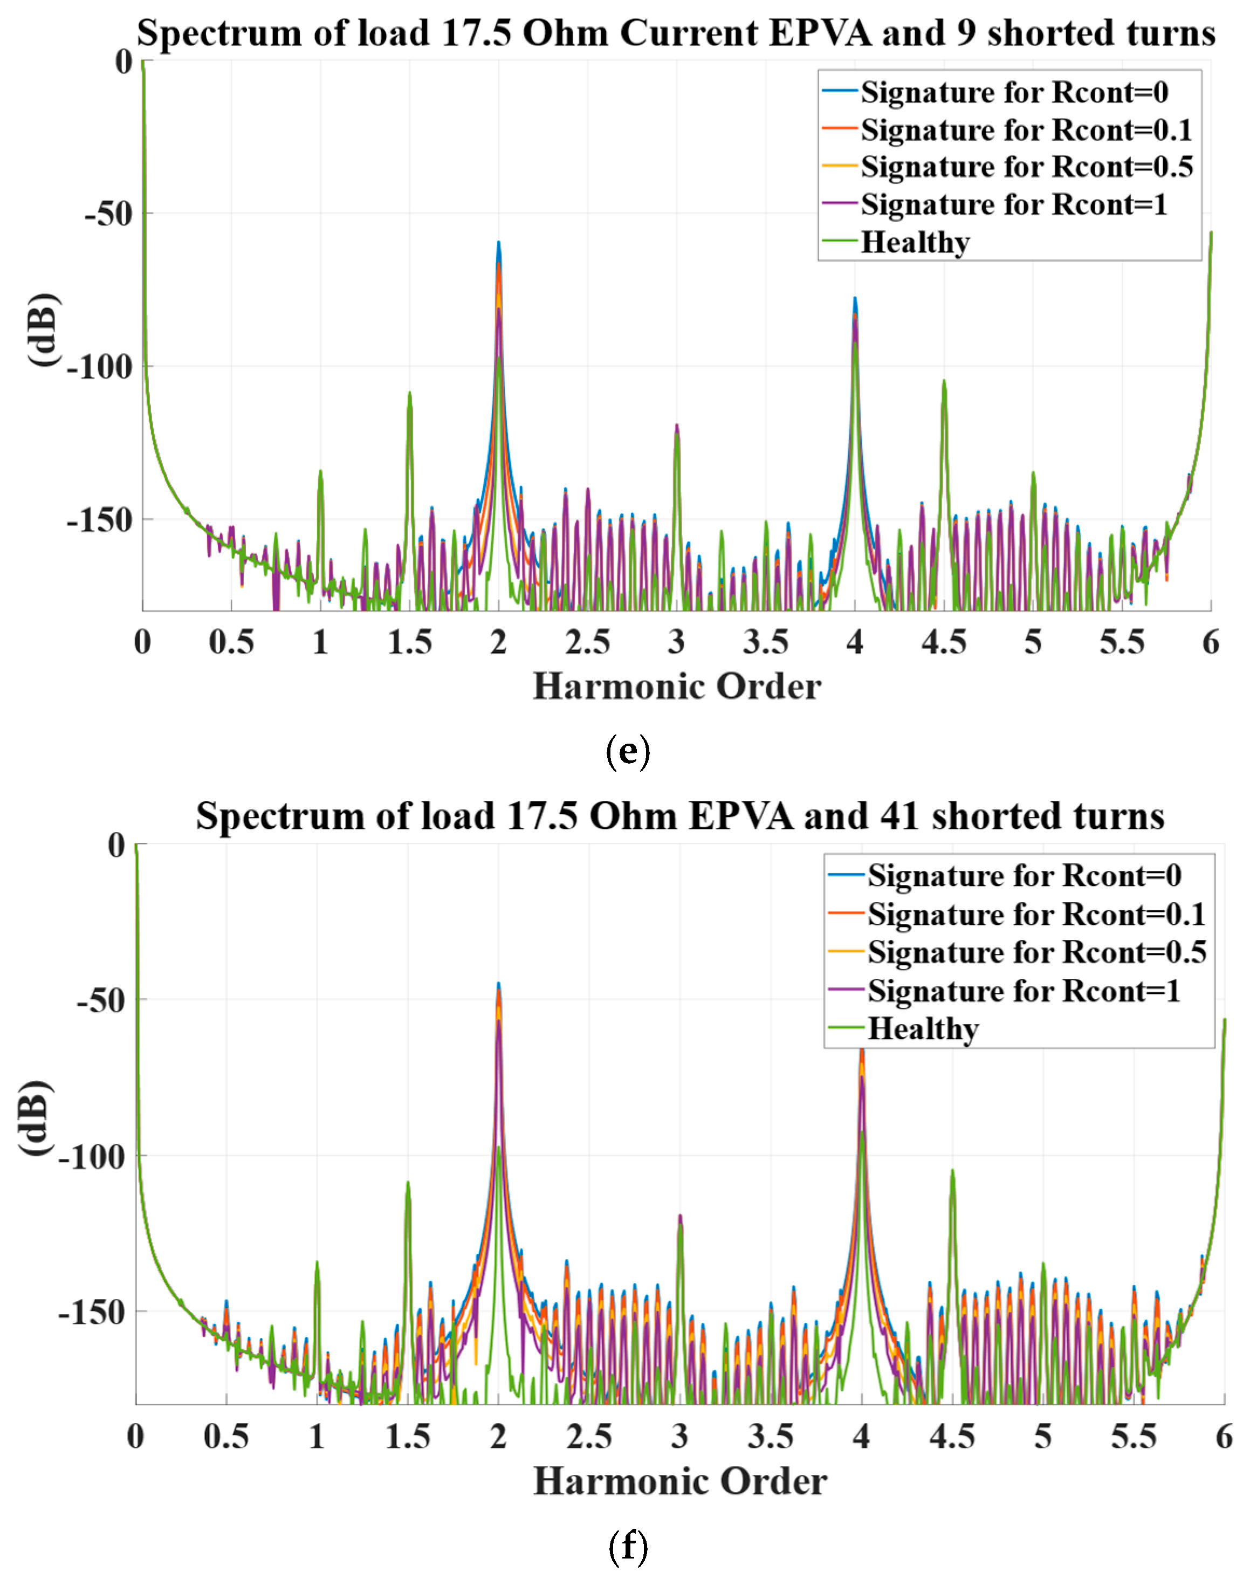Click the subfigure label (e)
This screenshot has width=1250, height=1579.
(628, 751)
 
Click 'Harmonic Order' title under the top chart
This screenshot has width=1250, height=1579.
(677, 686)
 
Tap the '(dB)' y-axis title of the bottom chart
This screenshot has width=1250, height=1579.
(35, 1118)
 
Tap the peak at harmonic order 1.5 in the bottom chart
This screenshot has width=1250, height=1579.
(408, 1182)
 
